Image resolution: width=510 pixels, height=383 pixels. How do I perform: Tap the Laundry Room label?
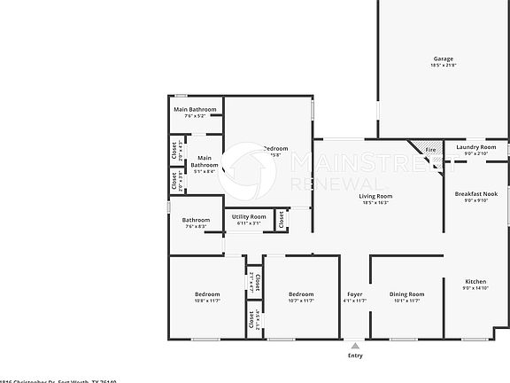click(475, 147)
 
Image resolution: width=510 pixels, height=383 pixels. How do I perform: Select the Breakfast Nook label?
click(476, 193)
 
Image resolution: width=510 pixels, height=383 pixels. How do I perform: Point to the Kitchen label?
click(475, 281)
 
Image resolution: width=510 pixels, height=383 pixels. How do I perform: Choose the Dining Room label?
click(407, 294)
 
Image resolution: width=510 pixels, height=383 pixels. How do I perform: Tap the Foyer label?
click(355, 294)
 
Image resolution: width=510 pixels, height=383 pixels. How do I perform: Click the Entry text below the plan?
click(355, 356)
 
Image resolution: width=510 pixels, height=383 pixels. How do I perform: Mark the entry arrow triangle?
click(355, 345)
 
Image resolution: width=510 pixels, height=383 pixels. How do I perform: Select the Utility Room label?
click(249, 216)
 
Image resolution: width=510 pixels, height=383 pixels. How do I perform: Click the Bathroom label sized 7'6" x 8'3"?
click(196, 221)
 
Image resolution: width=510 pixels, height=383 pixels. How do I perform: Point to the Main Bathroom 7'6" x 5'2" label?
click(195, 109)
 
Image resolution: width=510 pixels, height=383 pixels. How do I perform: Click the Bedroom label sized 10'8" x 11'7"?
click(207, 294)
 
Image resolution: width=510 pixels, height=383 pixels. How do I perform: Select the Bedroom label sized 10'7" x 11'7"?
click(301, 294)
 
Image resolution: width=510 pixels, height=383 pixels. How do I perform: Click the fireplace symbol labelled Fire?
click(430, 150)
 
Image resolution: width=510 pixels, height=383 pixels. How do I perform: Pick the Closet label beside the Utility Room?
click(281, 219)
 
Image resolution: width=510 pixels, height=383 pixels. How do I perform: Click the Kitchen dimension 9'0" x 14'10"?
click(475, 288)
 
